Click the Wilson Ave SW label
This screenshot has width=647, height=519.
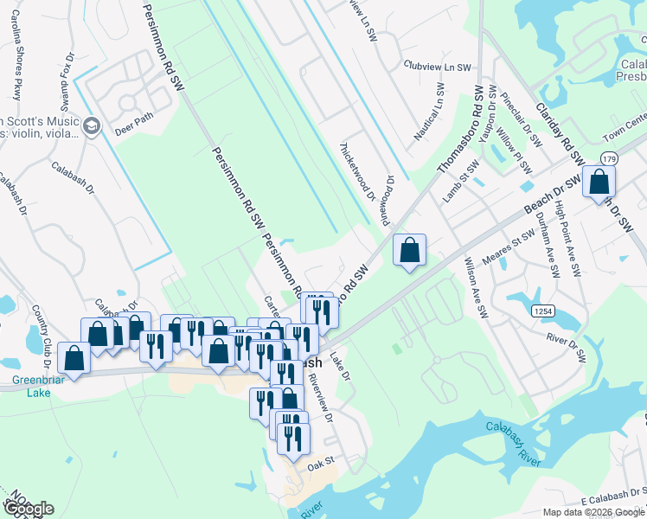point(477,286)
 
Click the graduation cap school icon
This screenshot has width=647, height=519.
point(90,128)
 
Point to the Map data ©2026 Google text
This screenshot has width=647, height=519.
point(592,512)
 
